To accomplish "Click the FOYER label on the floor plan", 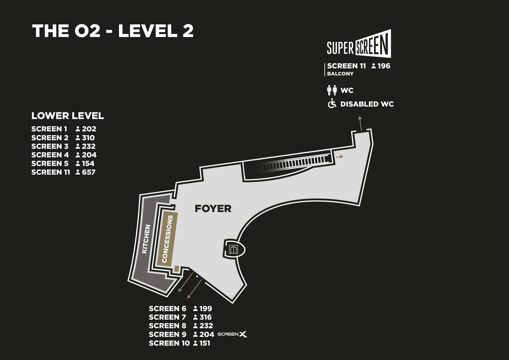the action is pyautogui.click(x=213, y=209).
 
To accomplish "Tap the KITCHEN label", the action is pyautogui.click(x=146, y=239).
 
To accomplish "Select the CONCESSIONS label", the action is pyautogui.click(x=167, y=239).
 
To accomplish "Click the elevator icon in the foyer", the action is pyautogui.click(x=233, y=249).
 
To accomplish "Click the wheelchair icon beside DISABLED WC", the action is pyautogui.click(x=332, y=104).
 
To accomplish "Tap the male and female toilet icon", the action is pyautogui.click(x=332, y=90).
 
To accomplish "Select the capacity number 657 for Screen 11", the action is pyautogui.click(x=89, y=172).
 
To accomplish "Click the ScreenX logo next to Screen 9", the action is pyautogui.click(x=232, y=334).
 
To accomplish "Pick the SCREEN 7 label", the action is pyautogui.click(x=167, y=317).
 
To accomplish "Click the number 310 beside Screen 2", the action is pyautogui.click(x=88, y=138).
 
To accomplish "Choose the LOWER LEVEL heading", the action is pyautogui.click(x=68, y=116).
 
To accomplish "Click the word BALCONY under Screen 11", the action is pyautogui.click(x=340, y=74).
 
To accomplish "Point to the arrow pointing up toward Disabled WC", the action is pyautogui.click(x=360, y=123).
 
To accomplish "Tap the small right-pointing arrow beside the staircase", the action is pyautogui.click(x=340, y=157).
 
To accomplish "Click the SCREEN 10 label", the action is pyautogui.click(x=169, y=343).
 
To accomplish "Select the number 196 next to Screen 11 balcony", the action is pyautogui.click(x=384, y=66).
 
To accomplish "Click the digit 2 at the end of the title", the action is pyautogui.click(x=188, y=31).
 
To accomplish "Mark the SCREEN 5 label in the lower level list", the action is pyautogui.click(x=50, y=163).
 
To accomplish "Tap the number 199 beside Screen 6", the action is pyautogui.click(x=205, y=309).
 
